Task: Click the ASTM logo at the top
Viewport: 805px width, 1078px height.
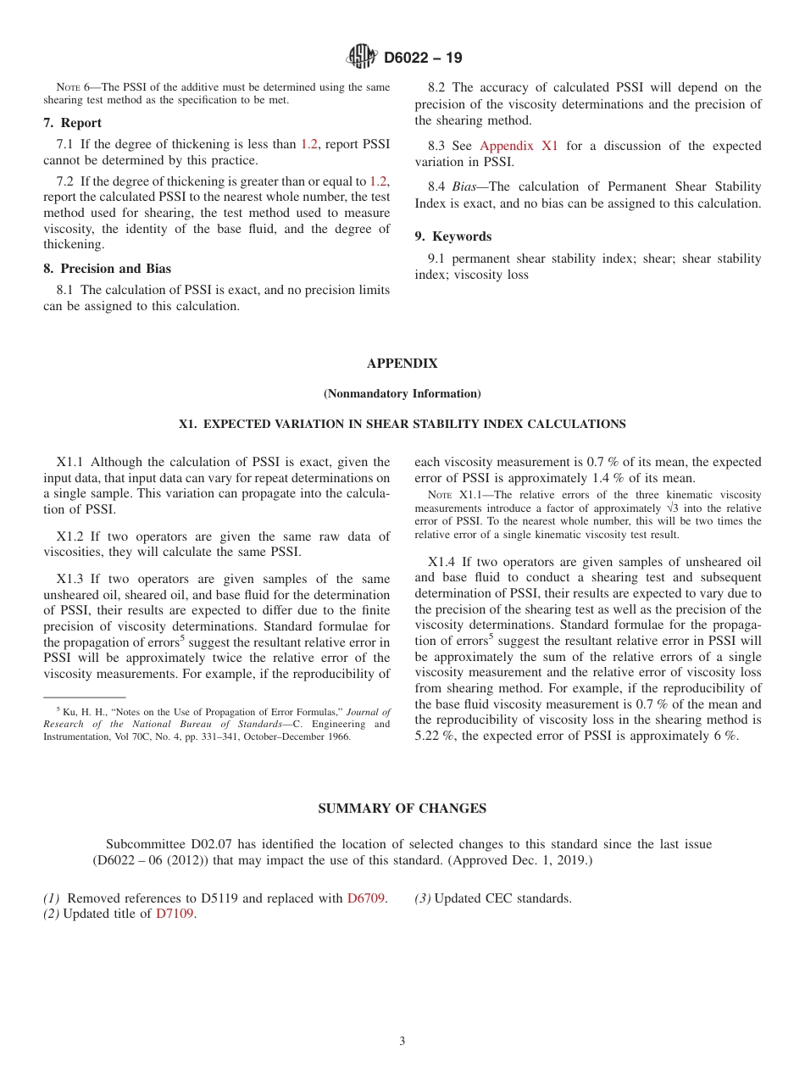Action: pos(362,57)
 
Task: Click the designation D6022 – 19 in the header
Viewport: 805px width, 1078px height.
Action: pos(423,58)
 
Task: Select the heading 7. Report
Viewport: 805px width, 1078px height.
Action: pos(72,123)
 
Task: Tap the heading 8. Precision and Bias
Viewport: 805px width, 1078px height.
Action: pos(107,269)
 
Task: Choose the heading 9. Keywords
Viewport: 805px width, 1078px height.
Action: pos(453,236)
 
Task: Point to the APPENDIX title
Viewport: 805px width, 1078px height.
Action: pos(402,364)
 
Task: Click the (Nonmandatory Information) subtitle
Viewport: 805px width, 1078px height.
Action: pos(402,393)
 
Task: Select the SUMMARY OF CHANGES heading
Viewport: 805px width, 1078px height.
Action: pos(402,808)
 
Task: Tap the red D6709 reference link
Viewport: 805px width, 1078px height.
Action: pos(367,898)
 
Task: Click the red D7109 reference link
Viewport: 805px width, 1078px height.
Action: pos(175,914)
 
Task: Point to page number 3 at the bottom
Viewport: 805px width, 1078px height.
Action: pos(402,1041)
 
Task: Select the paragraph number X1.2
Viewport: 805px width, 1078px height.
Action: pos(73,536)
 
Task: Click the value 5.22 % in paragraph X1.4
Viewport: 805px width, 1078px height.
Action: pos(436,736)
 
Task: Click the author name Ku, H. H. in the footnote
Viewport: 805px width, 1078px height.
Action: pos(80,713)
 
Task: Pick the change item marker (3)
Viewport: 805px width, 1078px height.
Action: pos(423,898)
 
